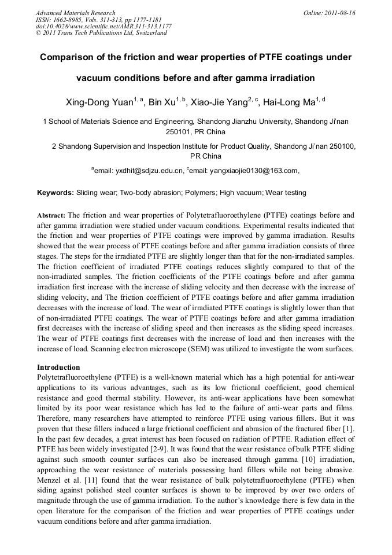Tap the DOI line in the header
[x=103, y=26]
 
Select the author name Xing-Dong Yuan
[x=100, y=104]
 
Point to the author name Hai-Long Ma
[x=289, y=104]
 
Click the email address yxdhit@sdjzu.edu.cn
[x=138, y=170]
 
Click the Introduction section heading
[x=58, y=367]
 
